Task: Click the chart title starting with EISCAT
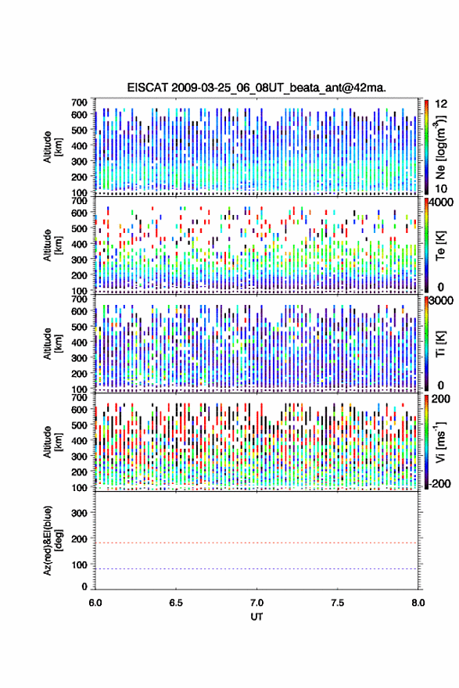pos(256,88)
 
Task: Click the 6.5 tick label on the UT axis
pos(176,603)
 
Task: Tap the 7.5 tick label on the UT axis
pos(338,603)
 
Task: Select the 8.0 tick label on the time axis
pos(418,603)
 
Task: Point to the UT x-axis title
pos(256,617)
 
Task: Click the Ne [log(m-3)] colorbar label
pos(440,148)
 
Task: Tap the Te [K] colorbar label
pos(440,245)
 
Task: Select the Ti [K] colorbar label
pos(440,343)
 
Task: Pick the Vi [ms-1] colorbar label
pos(440,443)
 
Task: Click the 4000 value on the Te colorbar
pos(440,202)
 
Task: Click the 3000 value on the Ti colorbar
pos(440,301)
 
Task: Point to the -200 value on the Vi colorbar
pos(439,483)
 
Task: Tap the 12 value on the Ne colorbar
pos(441,104)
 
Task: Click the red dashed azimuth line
pos(256,543)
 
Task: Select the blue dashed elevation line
pos(256,569)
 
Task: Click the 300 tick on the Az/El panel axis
pos(79,513)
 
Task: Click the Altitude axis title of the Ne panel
pos(52,147)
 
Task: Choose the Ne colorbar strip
pos(426,147)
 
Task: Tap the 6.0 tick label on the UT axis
pos(95,603)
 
